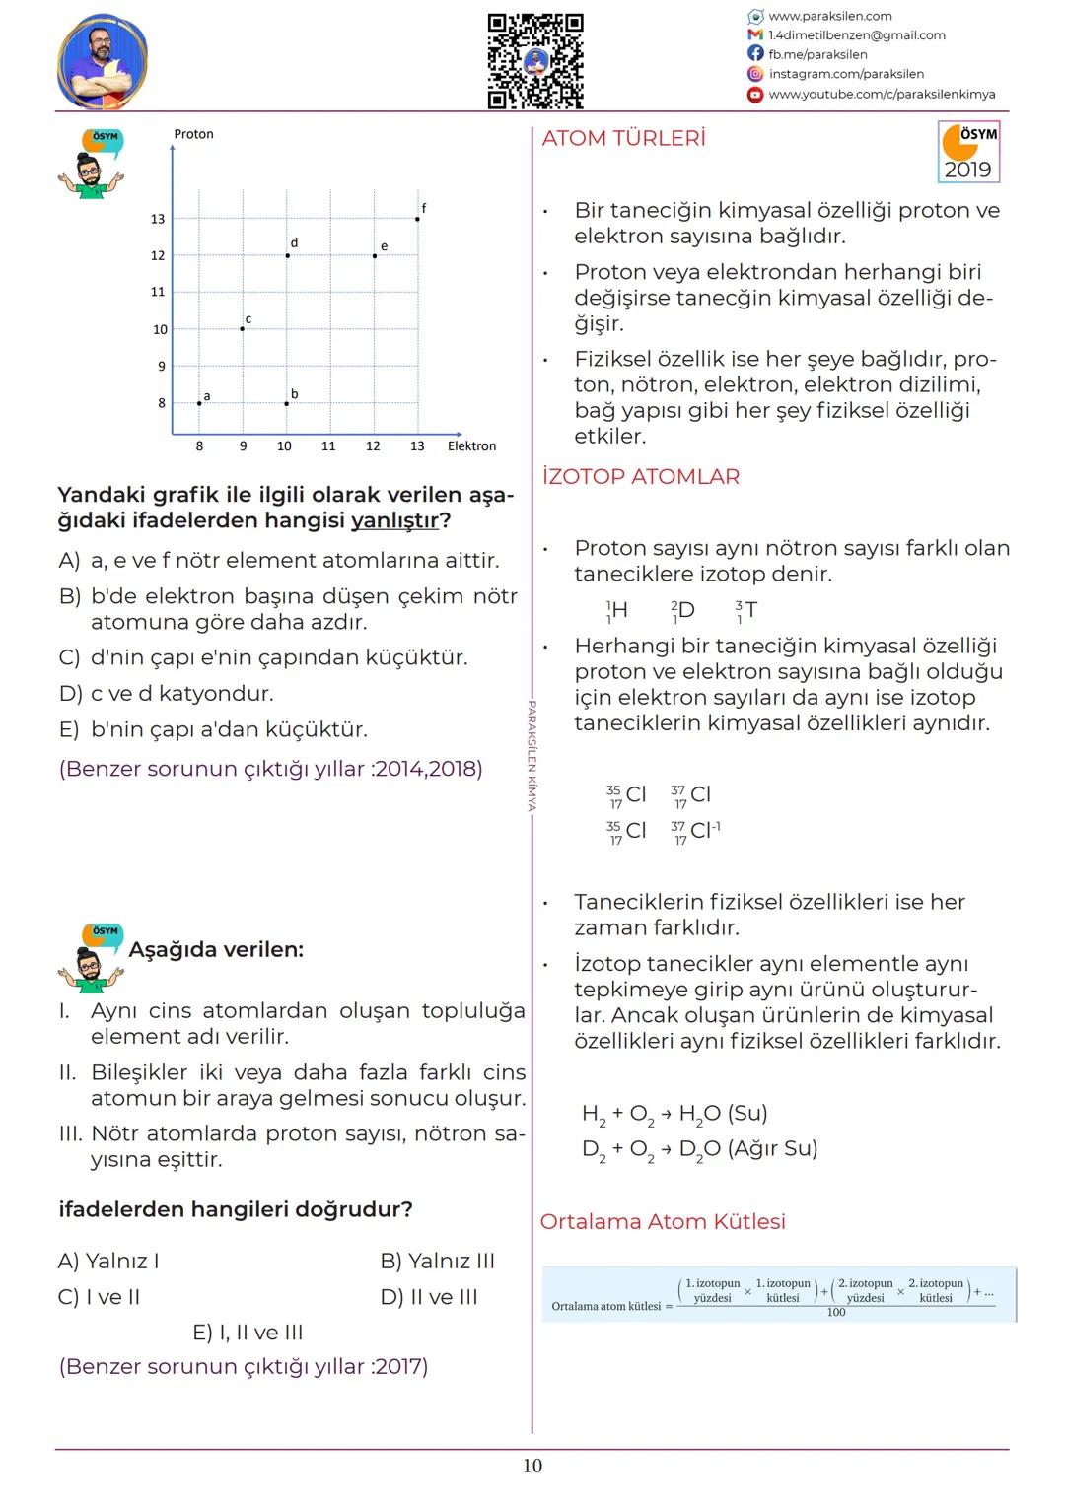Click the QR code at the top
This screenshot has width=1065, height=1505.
coord(535,61)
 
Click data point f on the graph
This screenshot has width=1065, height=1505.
coord(417,219)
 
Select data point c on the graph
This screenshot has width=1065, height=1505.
coord(243,328)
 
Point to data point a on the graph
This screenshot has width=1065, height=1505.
coord(199,402)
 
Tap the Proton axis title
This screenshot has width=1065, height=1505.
coord(193,134)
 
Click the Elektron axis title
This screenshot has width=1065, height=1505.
coord(471,446)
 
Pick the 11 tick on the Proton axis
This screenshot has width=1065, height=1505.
coord(158,292)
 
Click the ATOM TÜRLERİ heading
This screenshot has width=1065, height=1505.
coord(623,139)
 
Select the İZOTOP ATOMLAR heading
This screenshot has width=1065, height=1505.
coord(640,477)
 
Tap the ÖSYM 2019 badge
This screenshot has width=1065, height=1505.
coord(968,152)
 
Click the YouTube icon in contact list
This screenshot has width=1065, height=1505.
coord(755,95)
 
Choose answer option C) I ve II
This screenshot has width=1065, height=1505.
coord(99,1297)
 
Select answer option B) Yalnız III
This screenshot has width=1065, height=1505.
coord(437,1261)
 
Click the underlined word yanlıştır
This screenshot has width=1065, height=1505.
coord(394,520)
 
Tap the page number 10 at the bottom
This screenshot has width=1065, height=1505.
coord(532,1466)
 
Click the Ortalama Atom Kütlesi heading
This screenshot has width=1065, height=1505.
coord(663,1222)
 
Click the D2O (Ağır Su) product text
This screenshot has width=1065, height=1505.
coord(748,1149)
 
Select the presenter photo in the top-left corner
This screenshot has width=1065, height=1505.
coord(103,62)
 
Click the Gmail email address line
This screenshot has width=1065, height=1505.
coord(856,35)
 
